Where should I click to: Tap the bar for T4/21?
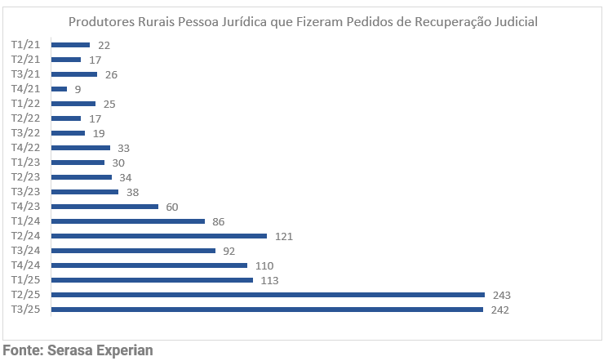[x=59, y=89]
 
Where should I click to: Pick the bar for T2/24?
[x=158, y=236]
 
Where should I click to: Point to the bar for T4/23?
[x=104, y=207]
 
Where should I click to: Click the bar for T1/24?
[x=127, y=221]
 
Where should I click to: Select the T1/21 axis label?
[x=24, y=45]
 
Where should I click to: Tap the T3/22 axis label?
[x=24, y=133]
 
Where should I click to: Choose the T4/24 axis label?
[x=24, y=265]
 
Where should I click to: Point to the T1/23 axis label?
[x=24, y=163]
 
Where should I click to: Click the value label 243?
[x=502, y=295]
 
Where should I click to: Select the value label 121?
[x=283, y=236]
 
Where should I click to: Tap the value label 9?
[x=78, y=89]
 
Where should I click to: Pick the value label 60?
[x=171, y=207]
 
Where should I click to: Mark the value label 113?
[x=269, y=280]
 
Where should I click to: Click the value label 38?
[x=131, y=192]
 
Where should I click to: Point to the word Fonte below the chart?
[x=22, y=351]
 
